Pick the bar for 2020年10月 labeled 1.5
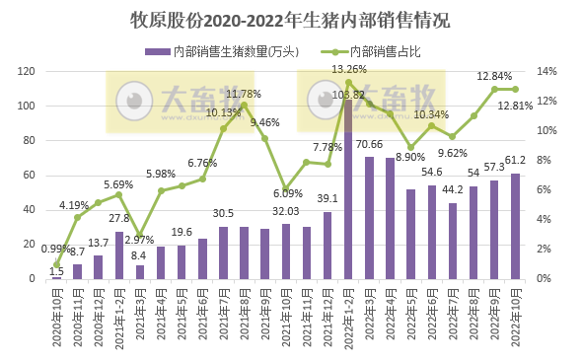click(56, 277)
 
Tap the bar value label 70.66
click(370, 145)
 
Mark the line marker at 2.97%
click(141, 235)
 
